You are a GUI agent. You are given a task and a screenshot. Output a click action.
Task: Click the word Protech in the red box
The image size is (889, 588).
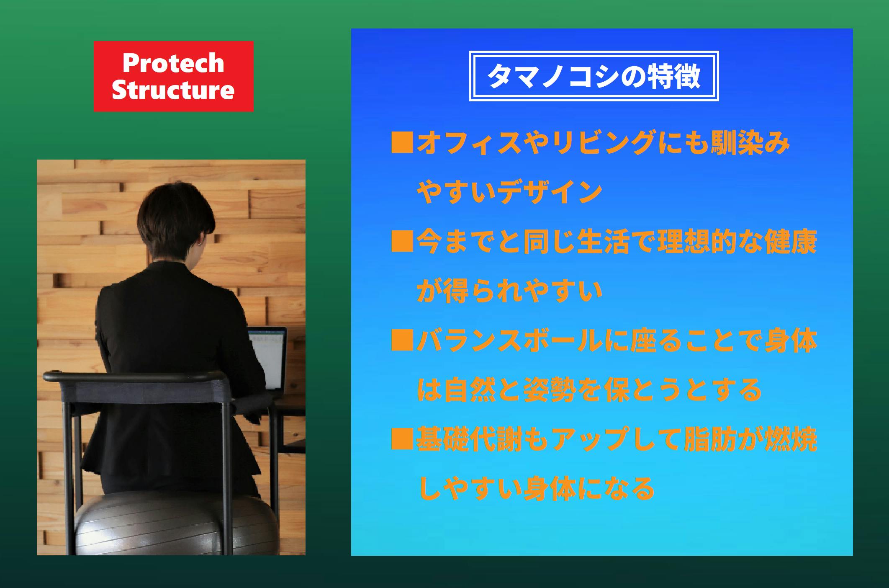[173, 63]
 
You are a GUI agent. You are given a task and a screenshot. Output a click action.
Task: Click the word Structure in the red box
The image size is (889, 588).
[173, 90]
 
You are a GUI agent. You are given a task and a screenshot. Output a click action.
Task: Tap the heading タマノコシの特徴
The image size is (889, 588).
[594, 76]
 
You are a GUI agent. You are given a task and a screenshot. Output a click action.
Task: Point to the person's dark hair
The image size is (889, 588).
[175, 220]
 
